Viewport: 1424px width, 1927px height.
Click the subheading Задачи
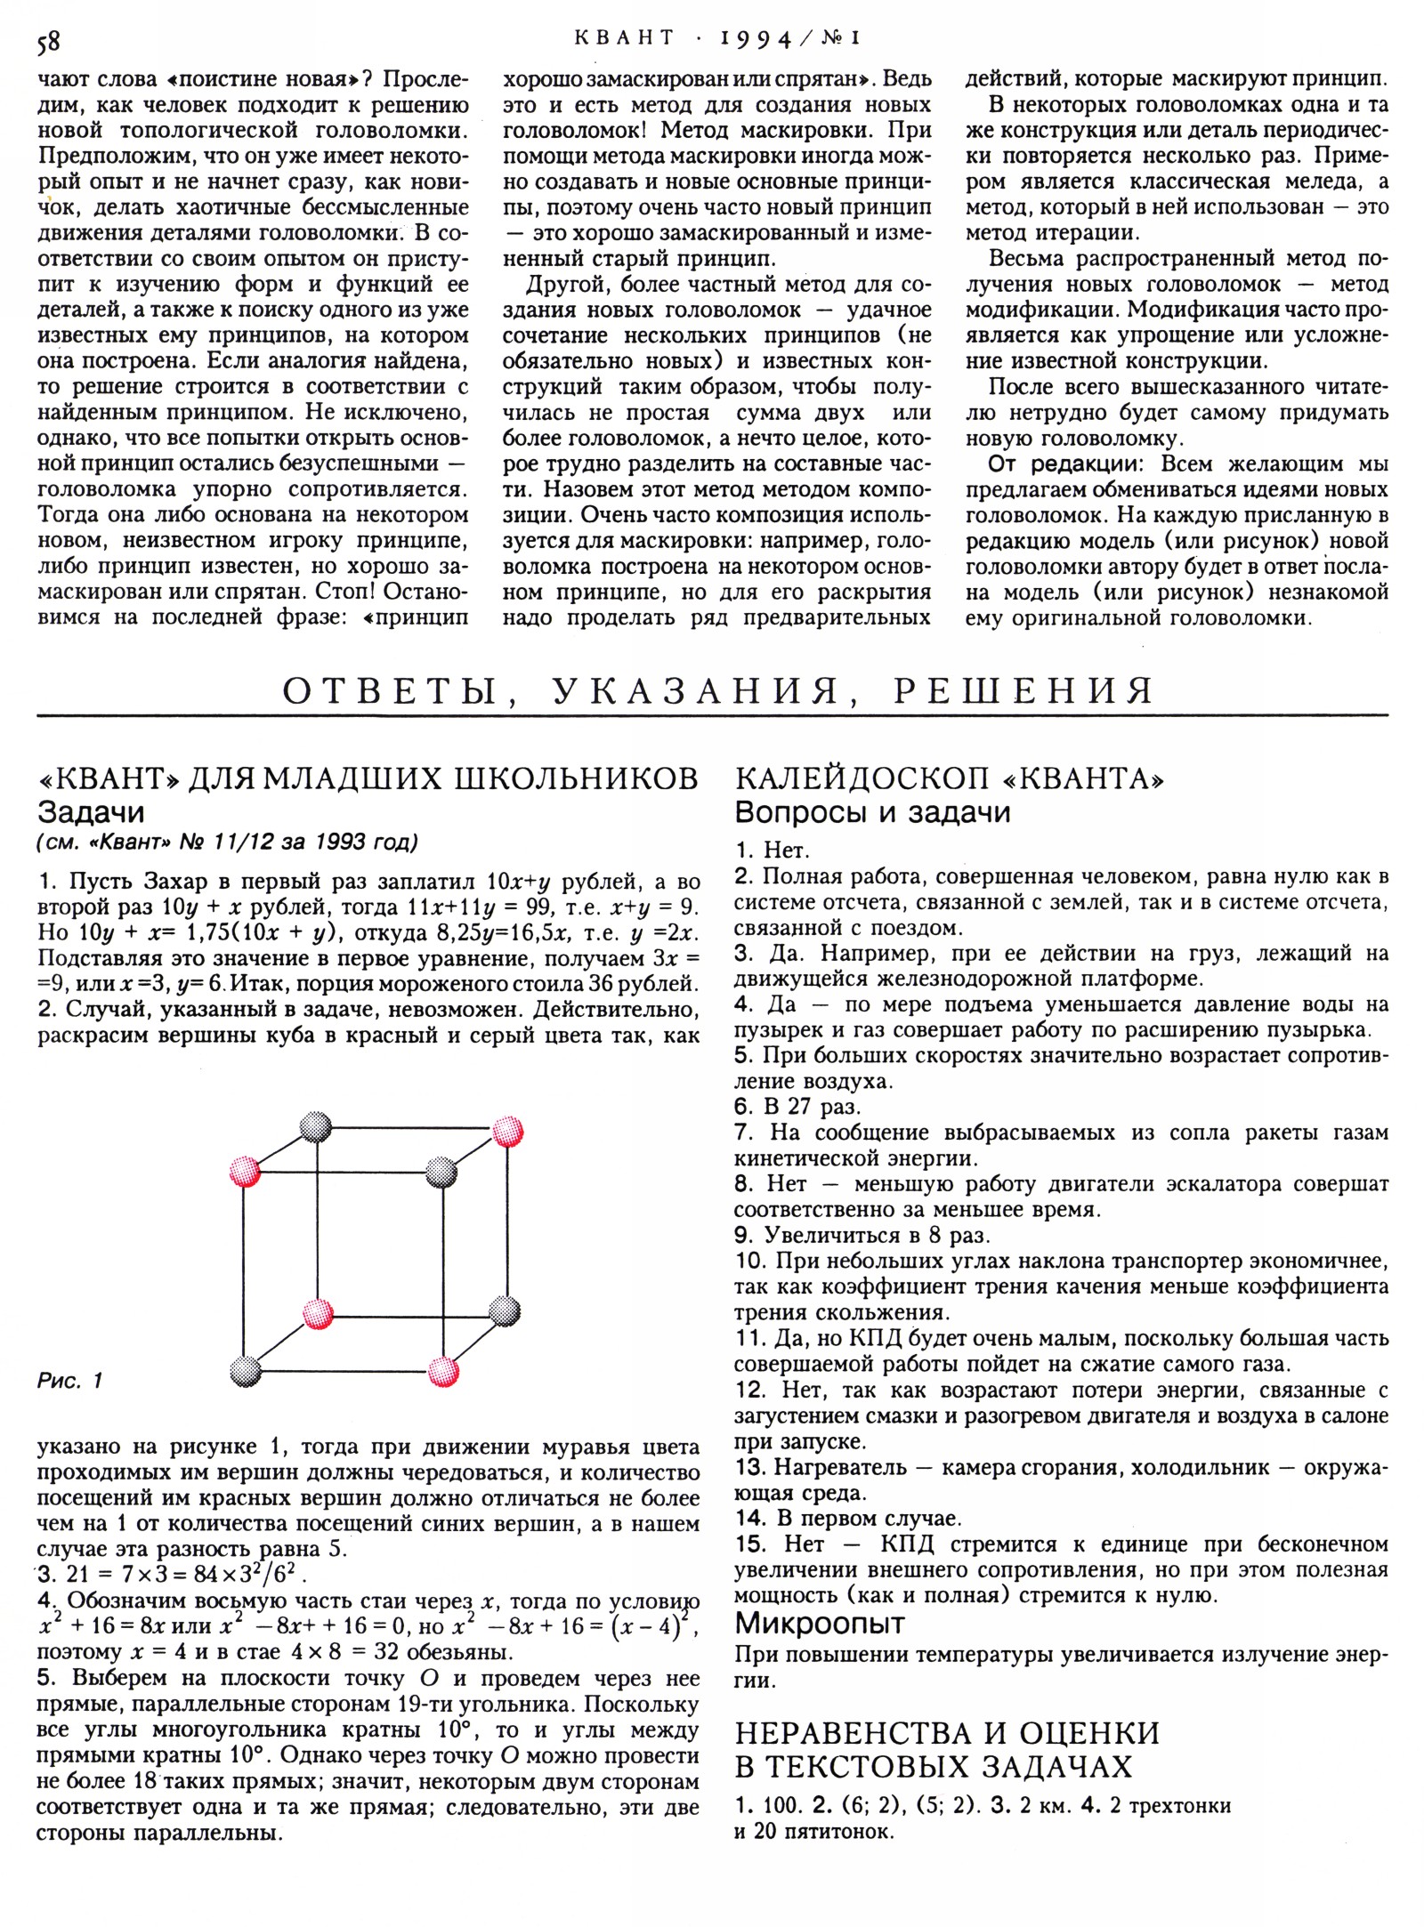click(91, 812)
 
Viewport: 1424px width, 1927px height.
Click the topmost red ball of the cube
click(508, 1133)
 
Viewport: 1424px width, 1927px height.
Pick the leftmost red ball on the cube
click(245, 1171)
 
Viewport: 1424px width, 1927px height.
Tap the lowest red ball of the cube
click(442, 1371)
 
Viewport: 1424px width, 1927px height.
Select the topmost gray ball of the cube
click(314, 1127)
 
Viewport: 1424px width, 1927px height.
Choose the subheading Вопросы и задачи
click(871, 812)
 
